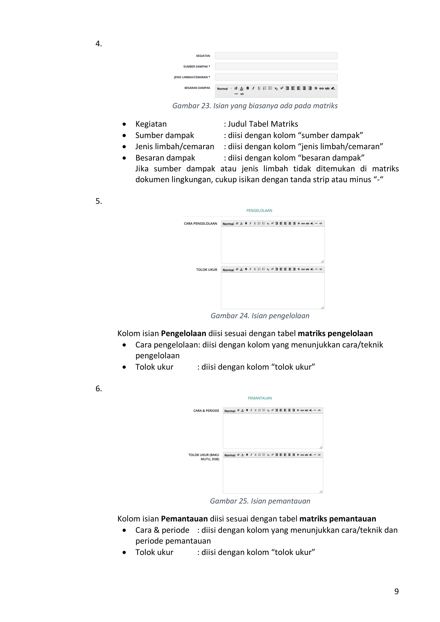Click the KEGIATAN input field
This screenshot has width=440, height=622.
coord(276,56)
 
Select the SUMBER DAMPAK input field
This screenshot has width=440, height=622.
coord(276,66)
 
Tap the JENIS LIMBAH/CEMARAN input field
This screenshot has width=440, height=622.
coord(276,77)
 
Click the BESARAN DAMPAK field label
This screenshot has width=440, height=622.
coord(197,88)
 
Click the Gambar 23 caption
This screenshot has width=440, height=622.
coord(255,106)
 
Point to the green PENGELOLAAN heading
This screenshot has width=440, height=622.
coord(259,210)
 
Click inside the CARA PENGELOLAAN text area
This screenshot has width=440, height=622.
coord(273,244)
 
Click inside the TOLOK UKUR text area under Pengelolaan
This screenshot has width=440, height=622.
coord(273,290)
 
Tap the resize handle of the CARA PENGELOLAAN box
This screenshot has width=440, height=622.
coord(322,261)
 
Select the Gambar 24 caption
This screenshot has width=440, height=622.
coord(260,316)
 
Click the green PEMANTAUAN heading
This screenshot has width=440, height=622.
coord(260,398)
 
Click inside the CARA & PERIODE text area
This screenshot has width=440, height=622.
coord(273,431)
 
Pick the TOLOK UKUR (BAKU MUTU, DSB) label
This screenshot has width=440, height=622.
coord(204,457)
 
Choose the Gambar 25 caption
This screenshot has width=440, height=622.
coord(260,501)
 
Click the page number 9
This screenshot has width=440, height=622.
coord(396,591)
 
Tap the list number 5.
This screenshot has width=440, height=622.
coord(99,201)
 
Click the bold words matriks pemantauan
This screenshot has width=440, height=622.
coord(338,518)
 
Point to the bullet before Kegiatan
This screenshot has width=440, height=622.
coord(124,124)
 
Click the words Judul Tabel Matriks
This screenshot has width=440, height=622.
coord(263,124)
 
